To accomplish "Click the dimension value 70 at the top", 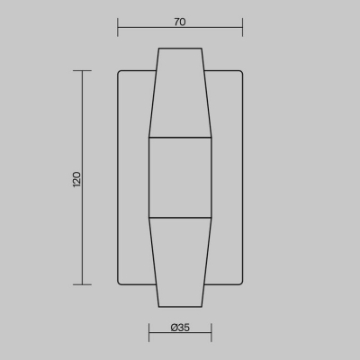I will (180, 22).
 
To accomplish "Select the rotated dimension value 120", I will (76, 178).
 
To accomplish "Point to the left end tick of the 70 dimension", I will (118, 29).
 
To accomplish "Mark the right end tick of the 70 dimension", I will (243, 29).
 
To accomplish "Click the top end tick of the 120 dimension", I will (83, 72).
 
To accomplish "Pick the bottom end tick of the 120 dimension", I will (83, 284).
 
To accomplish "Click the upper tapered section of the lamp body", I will (180, 94).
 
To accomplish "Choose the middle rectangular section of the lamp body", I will (180, 177).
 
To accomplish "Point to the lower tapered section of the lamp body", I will (180, 261).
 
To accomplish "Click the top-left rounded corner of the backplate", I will (121, 73).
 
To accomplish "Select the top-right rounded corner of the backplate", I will (240, 73).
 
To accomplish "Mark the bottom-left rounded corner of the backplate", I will (121, 283).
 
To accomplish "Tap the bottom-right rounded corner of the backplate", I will (240, 283).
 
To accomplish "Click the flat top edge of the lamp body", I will (180, 49).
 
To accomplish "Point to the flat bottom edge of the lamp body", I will (180, 307).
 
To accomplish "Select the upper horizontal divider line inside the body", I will (180, 138).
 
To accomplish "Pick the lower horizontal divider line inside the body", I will (180, 218).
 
